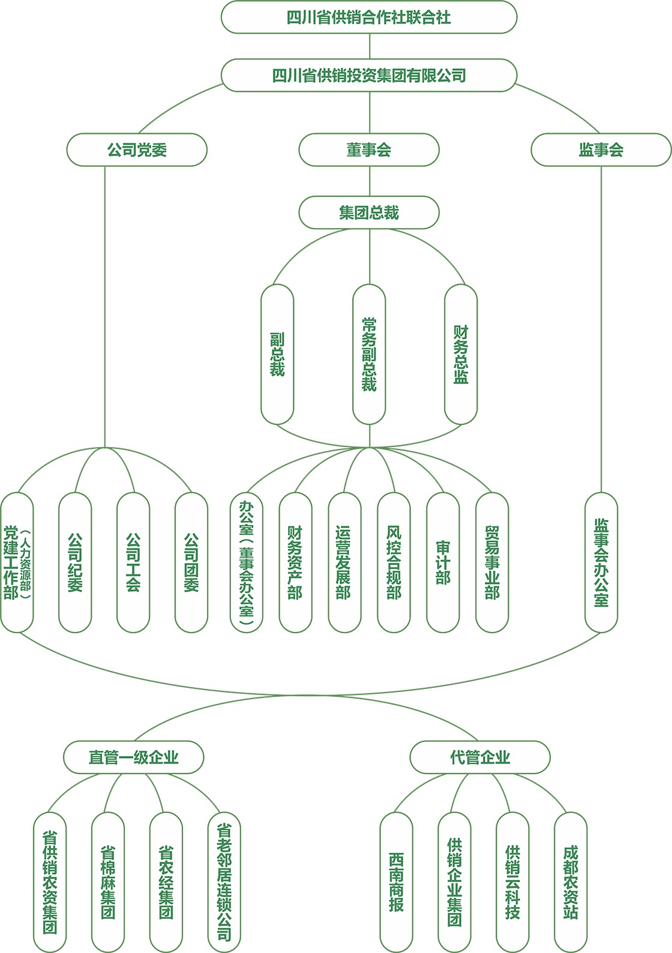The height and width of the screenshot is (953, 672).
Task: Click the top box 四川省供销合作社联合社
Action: pyautogui.click(x=368, y=17)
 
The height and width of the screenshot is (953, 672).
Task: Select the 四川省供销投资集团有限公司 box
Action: pyautogui.click(x=368, y=76)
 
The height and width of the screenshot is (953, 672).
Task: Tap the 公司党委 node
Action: pyautogui.click(x=137, y=149)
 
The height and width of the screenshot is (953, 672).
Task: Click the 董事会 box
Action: pyautogui.click(x=368, y=149)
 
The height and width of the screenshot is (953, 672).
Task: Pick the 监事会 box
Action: pyautogui.click(x=601, y=149)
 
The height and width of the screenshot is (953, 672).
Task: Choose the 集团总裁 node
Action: pyautogui.click(x=368, y=212)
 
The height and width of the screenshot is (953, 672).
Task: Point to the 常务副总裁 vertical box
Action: pyautogui.click(x=368, y=354)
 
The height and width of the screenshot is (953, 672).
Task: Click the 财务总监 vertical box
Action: pyautogui.click(x=461, y=354)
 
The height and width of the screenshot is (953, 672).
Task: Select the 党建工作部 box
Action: pyautogui.click(x=17, y=562)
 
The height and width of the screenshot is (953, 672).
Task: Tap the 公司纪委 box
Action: pyautogui.click(x=75, y=562)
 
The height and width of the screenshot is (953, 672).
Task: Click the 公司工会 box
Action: pyautogui.click(x=133, y=562)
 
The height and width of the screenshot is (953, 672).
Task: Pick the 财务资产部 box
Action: pyautogui.click(x=295, y=562)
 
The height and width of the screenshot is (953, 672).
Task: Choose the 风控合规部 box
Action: pyautogui.click(x=394, y=562)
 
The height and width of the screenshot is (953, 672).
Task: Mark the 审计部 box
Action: pyautogui.click(x=443, y=562)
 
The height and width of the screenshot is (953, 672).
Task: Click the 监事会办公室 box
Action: pyautogui.click(x=601, y=562)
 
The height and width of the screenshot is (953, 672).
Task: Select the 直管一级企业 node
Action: pyautogui.click(x=133, y=757)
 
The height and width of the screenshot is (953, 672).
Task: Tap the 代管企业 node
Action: pyautogui.click(x=479, y=757)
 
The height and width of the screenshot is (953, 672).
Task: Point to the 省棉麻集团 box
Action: pyautogui.click(x=108, y=882)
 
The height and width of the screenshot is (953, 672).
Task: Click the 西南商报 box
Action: pyautogui.click(x=396, y=882)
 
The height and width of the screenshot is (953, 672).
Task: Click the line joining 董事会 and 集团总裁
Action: pyautogui.click(x=369, y=181)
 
